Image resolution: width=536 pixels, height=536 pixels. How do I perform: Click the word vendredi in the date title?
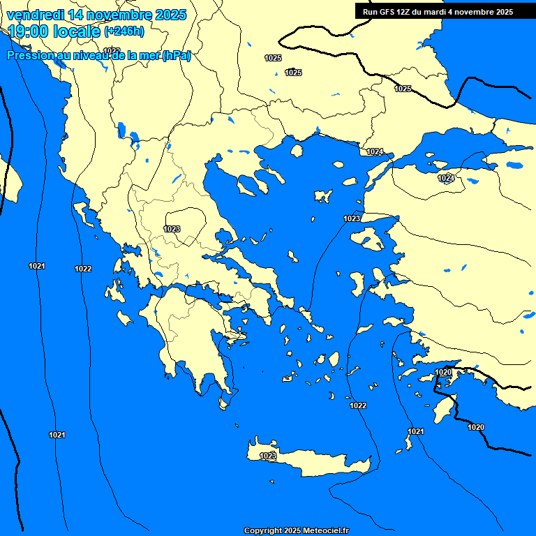(33, 15)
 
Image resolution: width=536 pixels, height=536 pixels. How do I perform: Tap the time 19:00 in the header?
(27, 31)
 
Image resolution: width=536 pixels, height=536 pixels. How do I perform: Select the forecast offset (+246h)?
(124, 31)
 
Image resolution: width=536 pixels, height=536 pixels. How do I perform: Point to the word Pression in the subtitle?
(29, 57)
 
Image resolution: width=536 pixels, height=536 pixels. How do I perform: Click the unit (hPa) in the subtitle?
(177, 57)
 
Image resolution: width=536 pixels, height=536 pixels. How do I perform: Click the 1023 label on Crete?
(268, 456)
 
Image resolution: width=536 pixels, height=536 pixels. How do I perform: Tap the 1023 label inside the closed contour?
(172, 229)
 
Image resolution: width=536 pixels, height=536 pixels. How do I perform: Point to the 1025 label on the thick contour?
(403, 89)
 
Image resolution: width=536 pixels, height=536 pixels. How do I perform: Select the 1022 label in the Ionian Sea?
(83, 269)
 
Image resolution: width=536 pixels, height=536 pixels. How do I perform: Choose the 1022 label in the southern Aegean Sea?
(358, 405)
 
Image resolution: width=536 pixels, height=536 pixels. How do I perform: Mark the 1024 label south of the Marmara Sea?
(446, 179)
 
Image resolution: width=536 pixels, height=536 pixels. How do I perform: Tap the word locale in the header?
(73, 31)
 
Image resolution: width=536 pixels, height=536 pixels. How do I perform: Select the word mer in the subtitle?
(149, 57)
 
